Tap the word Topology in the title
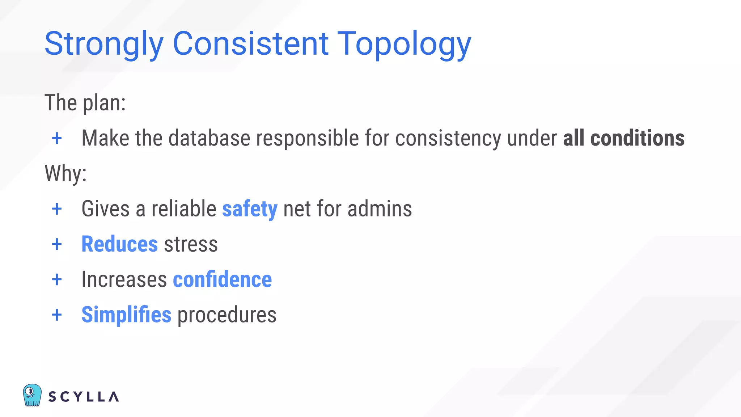tap(404, 44)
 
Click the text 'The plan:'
tap(85, 103)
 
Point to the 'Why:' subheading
tap(65, 173)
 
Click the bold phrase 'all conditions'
tap(623, 138)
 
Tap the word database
tap(209, 138)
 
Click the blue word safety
tap(250, 209)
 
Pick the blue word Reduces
tap(119, 244)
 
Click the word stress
tap(191, 244)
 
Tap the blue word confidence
tap(222, 279)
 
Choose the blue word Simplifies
tap(126, 315)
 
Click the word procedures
tap(226, 315)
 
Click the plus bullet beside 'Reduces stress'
tap(57, 244)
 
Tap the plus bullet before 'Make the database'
tap(57, 138)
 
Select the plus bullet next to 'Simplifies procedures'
tap(57, 315)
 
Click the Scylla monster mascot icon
tap(32, 395)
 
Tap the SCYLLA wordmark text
tap(84, 397)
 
